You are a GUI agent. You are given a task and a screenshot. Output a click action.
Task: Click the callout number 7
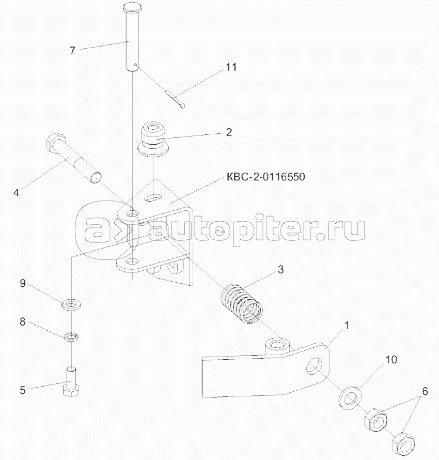coord(72,51)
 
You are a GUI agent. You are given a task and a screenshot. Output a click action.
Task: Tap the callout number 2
coord(228,132)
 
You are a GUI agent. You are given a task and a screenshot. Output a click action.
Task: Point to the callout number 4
coord(17,192)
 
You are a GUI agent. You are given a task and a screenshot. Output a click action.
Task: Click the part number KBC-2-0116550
coord(265,177)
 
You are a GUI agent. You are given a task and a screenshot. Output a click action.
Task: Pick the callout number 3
coord(280,269)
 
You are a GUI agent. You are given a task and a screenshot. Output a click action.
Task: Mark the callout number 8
coord(23,321)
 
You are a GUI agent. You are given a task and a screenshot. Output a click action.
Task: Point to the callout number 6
coord(425,392)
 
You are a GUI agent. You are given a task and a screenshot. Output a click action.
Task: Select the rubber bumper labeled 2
coord(152,139)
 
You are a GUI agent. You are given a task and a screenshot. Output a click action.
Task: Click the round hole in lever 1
coord(314,366)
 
